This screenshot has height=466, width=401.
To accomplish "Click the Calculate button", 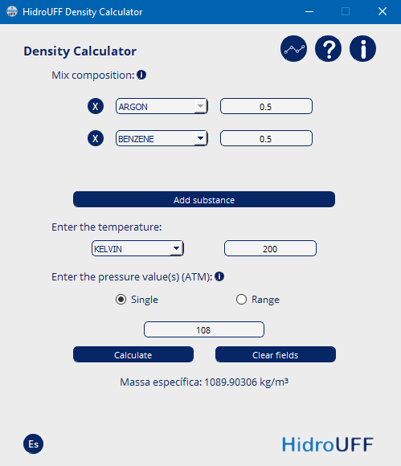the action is click(x=133, y=354).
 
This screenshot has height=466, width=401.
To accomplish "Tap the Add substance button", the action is click(x=204, y=199).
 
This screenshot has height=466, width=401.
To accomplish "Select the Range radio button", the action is click(x=241, y=299).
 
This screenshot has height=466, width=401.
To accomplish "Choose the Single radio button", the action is click(x=121, y=299).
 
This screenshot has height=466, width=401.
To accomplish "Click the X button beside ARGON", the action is click(x=96, y=106).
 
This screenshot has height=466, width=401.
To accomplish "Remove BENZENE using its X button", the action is click(x=96, y=138).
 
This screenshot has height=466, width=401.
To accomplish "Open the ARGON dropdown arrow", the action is click(x=201, y=106).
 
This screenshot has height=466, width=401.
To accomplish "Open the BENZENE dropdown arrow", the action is click(x=201, y=138).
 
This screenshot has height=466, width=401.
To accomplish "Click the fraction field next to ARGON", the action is click(x=266, y=106).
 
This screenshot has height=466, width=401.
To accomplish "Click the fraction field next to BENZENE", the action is click(x=266, y=138).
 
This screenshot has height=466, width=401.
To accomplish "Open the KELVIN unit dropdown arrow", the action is click(x=177, y=248).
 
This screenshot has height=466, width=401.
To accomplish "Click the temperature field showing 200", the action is click(x=270, y=248).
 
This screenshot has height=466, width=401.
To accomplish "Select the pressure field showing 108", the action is click(x=204, y=329).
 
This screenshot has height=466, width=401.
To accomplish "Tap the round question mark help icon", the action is click(x=328, y=49).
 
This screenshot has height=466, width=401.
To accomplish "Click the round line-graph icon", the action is click(x=293, y=49).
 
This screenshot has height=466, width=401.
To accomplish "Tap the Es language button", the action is click(x=33, y=444).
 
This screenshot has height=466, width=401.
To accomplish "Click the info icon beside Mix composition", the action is click(x=141, y=75).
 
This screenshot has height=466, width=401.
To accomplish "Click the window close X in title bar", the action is click(x=383, y=11).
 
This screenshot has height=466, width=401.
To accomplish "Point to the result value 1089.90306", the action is click(x=231, y=382).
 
